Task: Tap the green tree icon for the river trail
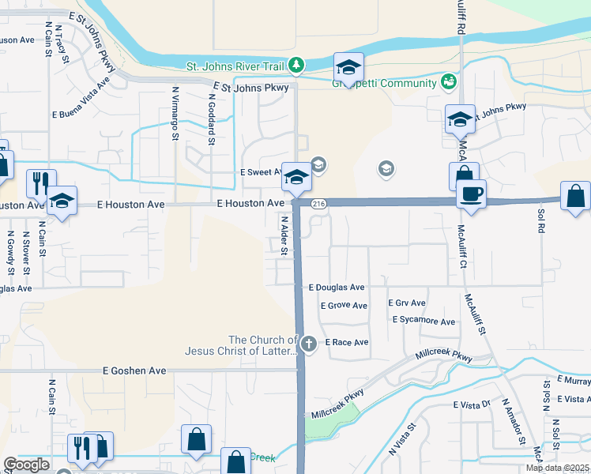[x=295, y=64]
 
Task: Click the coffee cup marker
[x=472, y=193]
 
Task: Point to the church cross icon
[x=309, y=344]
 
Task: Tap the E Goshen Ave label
[x=135, y=370]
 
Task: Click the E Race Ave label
[x=347, y=343]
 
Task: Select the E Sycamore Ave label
[x=423, y=322]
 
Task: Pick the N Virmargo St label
[x=175, y=111]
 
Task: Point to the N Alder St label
[x=283, y=235]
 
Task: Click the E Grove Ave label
[x=344, y=305]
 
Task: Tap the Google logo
[x=26, y=465]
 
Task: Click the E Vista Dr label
[x=472, y=404]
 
